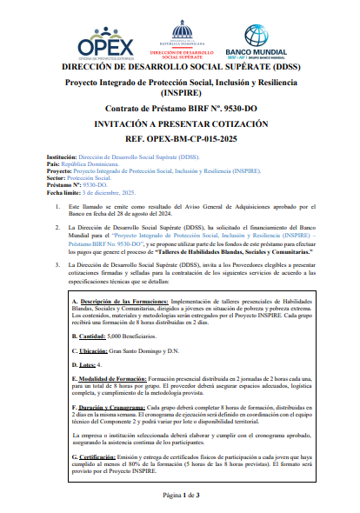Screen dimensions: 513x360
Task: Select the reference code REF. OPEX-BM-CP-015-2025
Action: [x=180, y=138]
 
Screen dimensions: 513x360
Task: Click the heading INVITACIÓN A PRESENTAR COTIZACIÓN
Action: [x=180, y=124]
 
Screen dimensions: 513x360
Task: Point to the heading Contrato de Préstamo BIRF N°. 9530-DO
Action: [x=180, y=110]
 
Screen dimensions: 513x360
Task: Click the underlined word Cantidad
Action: [x=90, y=334]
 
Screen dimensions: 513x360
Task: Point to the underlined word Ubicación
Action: [x=91, y=350]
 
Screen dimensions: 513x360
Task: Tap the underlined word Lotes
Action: [x=87, y=366]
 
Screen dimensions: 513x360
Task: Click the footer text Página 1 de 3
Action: [x=180, y=495]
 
